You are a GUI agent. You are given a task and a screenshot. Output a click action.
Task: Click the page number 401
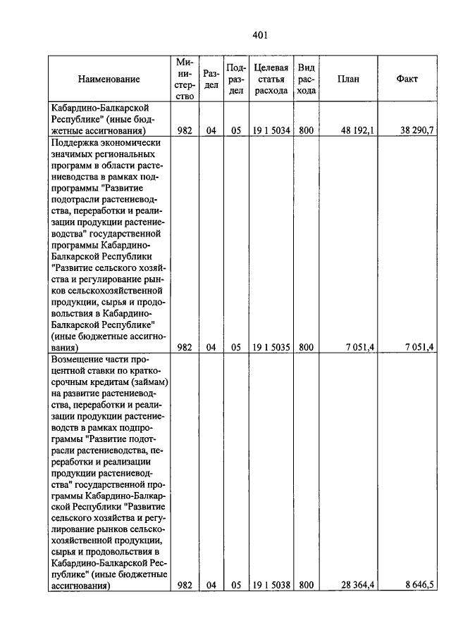(x=261, y=36)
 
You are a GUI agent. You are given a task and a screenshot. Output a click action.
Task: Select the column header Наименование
(x=109, y=80)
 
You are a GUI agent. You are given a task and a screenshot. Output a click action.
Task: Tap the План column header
(x=348, y=80)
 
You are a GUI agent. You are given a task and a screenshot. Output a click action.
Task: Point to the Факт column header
(x=407, y=80)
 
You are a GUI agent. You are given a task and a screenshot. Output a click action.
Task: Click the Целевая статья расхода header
(x=271, y=80)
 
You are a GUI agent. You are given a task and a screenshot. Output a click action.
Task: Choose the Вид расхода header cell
(x=306, y=80)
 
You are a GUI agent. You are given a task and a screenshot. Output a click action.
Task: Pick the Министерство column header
(x=185, y=80)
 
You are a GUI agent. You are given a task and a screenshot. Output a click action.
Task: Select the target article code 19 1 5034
(x=271, y=130)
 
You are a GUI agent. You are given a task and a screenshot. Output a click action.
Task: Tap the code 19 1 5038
(x=271, y=585)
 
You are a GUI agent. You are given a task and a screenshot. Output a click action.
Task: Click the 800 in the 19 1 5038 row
(x=306, y=585)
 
